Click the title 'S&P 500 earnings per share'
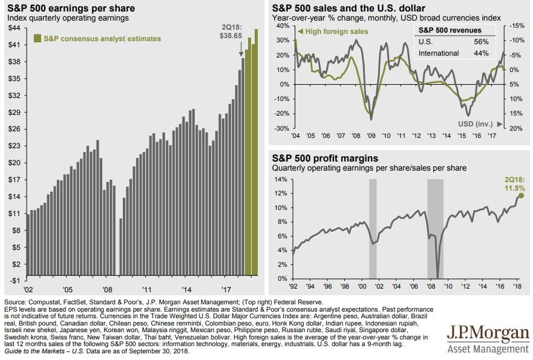click(71, 8)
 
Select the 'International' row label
click(439, 53)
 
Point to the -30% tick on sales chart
click(282, 128)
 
